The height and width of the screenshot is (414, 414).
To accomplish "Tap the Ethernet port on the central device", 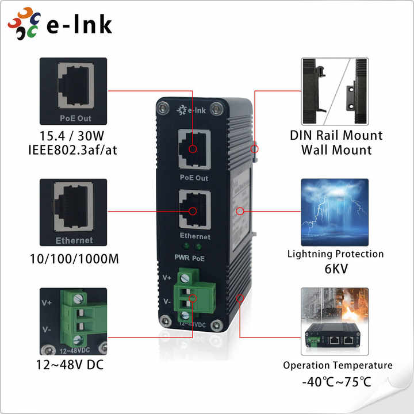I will pyautogui.click(x=193, y=210).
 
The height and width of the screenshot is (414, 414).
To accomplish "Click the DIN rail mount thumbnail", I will pyautogui.click(x=336, y=91).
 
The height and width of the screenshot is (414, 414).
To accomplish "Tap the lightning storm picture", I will pyautogui.click(x=336, y=212).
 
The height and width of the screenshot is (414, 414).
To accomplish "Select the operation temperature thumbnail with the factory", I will pyautogui.click(x=336, y=321).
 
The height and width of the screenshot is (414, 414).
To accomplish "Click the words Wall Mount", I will pyautogui.click(x=336, y=151).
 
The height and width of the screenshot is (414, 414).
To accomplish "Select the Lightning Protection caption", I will pyautogui.click(x=336, y=254).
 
